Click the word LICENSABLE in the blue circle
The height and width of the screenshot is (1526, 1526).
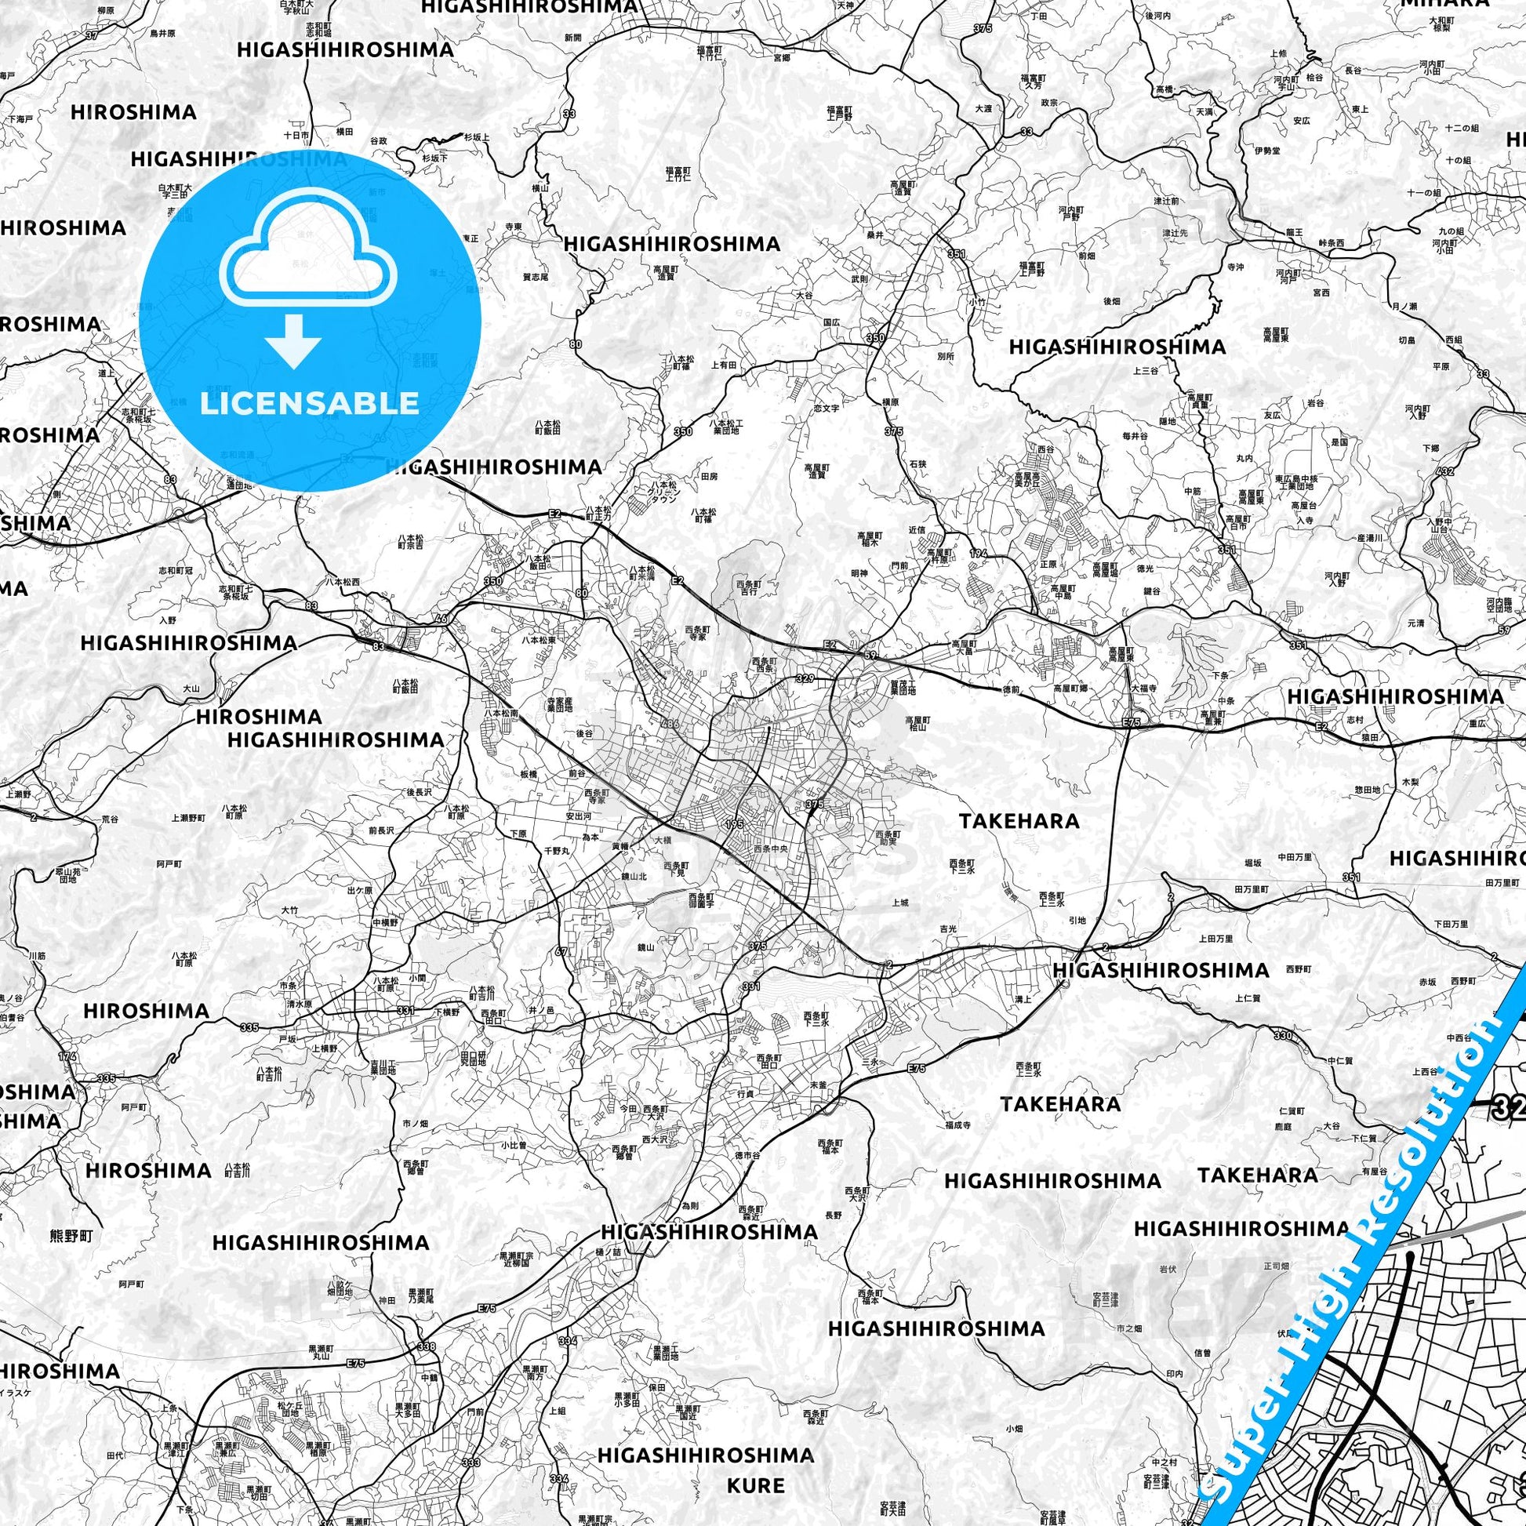pos(309,404)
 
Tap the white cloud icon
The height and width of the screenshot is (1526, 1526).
pos(309,251)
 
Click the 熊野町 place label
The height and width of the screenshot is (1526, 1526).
pos(71,1235)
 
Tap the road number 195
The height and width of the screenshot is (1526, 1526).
pos(734,824)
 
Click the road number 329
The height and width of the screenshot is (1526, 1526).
pos(805,678)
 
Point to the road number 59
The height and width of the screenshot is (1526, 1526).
pos(870,655)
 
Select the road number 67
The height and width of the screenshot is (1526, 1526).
pos(561,952)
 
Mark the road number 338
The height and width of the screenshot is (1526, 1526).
pos(426,1346)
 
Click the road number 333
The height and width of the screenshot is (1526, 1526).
pos(471,1441)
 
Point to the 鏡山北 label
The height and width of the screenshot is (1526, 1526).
pos(634,876)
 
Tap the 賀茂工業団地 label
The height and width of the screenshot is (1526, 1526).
pos(901,687)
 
